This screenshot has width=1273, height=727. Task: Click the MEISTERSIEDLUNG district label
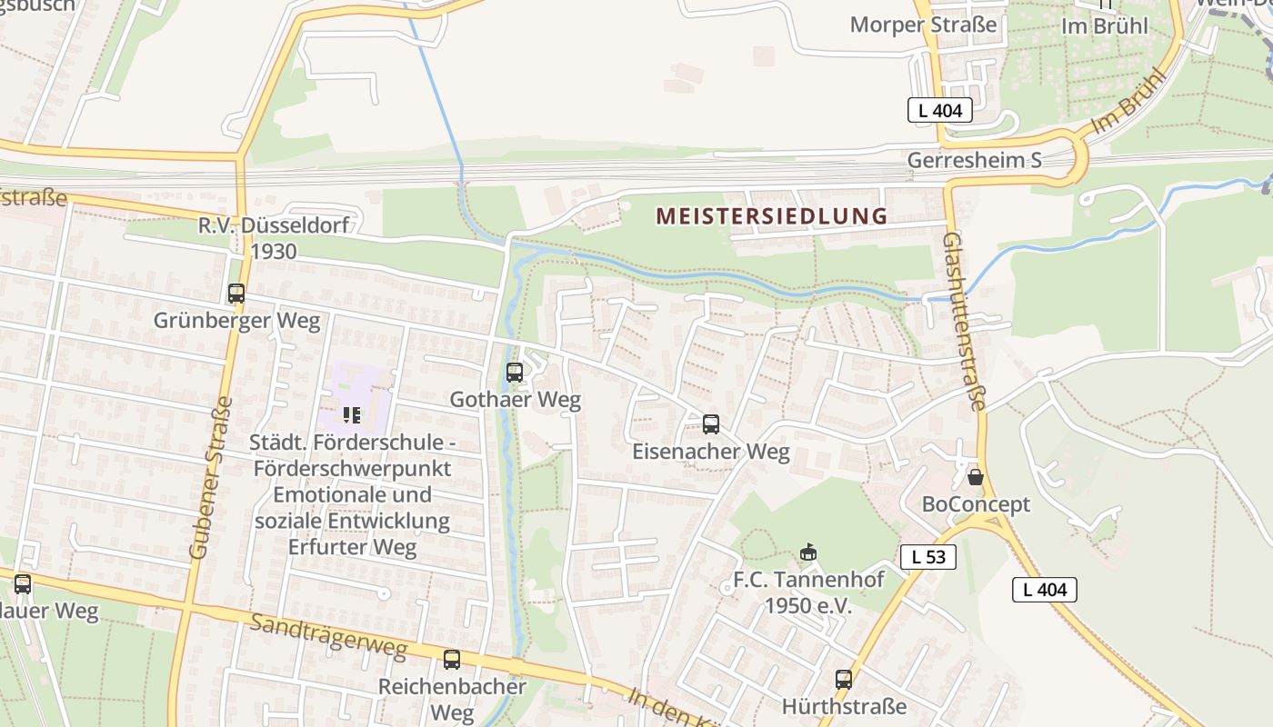(771, 216)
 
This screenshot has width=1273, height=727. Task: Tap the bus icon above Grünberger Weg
(236, 294)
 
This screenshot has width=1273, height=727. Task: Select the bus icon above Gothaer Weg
(515, 372)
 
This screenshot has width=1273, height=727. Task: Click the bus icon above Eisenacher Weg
(711, 424)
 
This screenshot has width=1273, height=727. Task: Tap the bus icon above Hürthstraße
(844, 679)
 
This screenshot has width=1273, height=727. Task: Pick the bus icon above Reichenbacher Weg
(452, 660)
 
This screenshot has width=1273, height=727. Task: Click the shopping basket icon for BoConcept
(976, 476)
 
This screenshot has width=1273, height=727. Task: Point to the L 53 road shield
(928, 557)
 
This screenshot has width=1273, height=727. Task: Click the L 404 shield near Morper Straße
(940, 111)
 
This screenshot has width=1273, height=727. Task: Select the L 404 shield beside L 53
(1045, 589)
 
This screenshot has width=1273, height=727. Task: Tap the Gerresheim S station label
(975, 161)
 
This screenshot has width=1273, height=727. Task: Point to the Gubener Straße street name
(211, 477)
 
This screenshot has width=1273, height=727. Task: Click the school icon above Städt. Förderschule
(352, 415)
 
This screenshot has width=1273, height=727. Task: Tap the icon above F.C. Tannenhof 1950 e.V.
(807, 552)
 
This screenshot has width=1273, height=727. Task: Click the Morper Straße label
(923, 25)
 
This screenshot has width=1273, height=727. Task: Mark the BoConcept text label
(976, 504)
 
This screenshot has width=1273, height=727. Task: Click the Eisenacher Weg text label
(711, 452)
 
